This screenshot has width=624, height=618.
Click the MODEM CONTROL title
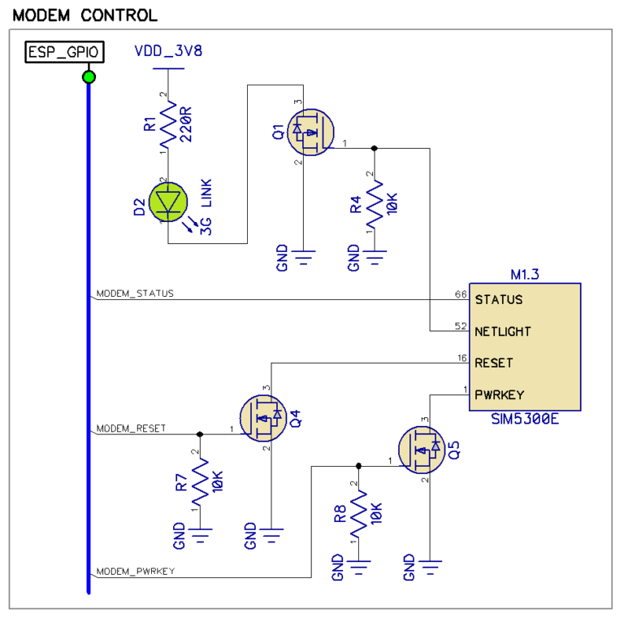[85, 15]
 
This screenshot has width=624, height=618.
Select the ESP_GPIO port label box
[64, 52]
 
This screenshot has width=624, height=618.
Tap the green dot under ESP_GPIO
[89, 77]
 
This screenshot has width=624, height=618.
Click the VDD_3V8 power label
[168, 51]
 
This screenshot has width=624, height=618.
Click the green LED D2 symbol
[168, 201]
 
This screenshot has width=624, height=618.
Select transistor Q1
[312, 133]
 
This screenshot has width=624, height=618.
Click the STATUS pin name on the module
[498, 299]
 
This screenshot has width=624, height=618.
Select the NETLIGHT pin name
[503, 331]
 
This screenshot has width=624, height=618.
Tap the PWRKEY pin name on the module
[500, 394]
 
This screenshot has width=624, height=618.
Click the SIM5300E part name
[524, 420]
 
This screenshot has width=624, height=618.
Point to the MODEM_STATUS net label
[135, 293]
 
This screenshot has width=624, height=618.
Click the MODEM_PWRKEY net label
[136, 571]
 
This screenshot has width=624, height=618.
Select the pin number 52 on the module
[461, 325]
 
